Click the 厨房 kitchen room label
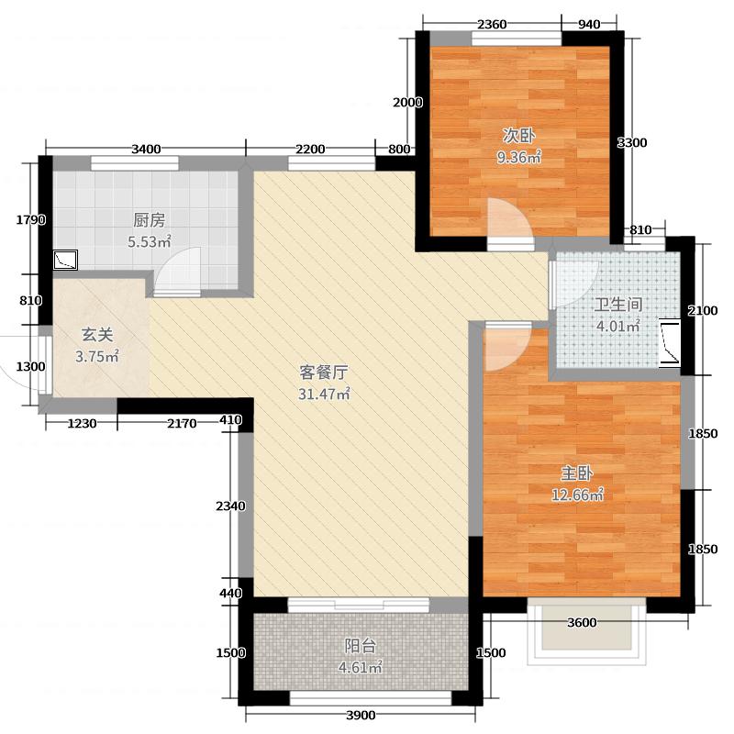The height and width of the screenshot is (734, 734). coord(149,220)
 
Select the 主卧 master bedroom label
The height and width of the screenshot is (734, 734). coord(577,474)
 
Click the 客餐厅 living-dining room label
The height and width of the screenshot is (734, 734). coord(325,373)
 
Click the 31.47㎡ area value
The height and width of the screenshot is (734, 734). coord(325,395)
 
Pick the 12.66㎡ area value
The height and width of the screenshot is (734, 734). coord(577,496)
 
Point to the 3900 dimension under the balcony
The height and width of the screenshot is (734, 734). coord(361,716)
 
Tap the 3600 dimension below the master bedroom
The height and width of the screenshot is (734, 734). coord(582,623)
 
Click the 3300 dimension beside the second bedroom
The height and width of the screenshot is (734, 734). coord(632,142)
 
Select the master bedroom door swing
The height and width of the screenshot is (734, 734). coord(506,344)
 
